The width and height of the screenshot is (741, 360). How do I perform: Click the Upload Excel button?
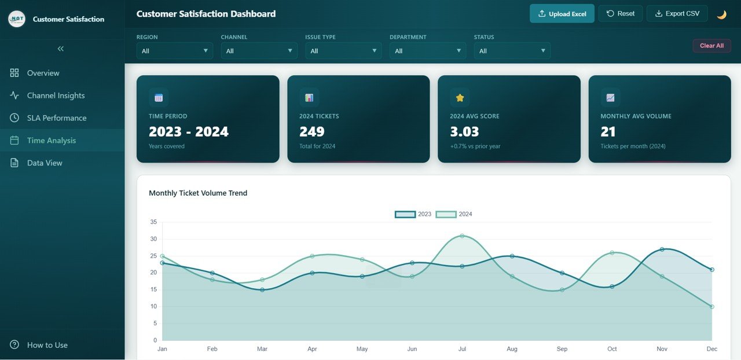(x=562, y=14)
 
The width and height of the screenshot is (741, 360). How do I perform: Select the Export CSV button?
(x=677, y=13)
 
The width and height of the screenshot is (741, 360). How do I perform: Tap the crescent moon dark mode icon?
(x=721, y=14)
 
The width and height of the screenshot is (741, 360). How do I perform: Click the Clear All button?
(x=711, y=46)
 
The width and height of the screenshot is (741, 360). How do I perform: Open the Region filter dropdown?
(x=174, y=51)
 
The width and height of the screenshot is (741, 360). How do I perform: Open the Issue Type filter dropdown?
(x=343, y=51)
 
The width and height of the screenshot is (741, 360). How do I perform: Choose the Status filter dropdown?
(x=512, y=51)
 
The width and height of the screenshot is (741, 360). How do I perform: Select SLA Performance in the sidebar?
(x=56, y=118)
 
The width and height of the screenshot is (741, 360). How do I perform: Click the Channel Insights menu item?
(x=56, y=95)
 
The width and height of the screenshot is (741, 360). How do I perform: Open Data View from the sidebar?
(x=44, y=163)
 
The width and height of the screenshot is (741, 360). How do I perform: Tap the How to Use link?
(x=47, y=345)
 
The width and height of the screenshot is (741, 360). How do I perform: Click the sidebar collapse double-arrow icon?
(x=61, y=49)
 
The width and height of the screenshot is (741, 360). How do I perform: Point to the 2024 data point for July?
(x=462, y=236)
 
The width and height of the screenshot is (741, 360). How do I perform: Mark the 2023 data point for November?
(x=662, y=249)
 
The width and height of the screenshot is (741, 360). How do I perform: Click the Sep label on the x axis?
(x=562, y=349)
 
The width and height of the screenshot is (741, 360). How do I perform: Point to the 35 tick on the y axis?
(x=153, y=222)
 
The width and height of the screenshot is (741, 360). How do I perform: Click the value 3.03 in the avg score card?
(x=464, y=131)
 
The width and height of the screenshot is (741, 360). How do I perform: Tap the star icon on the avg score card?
(x=460, y=98)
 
